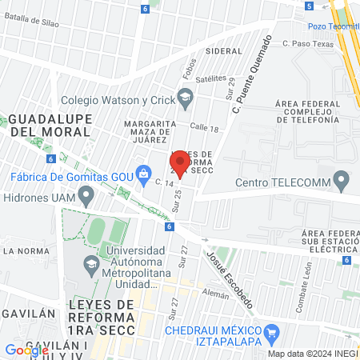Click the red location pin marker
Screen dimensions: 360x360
[x=180, y=163]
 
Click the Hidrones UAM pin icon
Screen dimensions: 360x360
[x=86, y=194]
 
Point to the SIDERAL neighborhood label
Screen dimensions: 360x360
[x=224, y=50]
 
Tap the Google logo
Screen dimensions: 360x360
[x=26, y=350]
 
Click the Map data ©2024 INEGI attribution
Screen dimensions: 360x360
[x=312, y=354]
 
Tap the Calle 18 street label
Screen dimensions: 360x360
[x=205, y=127]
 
